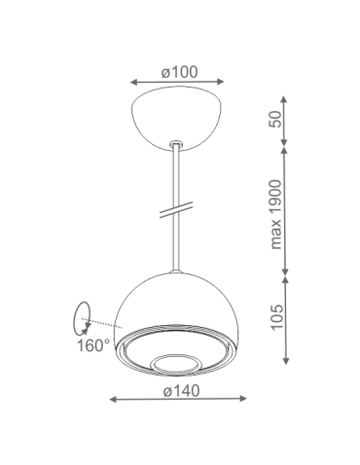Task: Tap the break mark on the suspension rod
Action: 179,208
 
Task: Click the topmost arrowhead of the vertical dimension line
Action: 284,98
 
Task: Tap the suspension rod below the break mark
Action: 179,243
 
